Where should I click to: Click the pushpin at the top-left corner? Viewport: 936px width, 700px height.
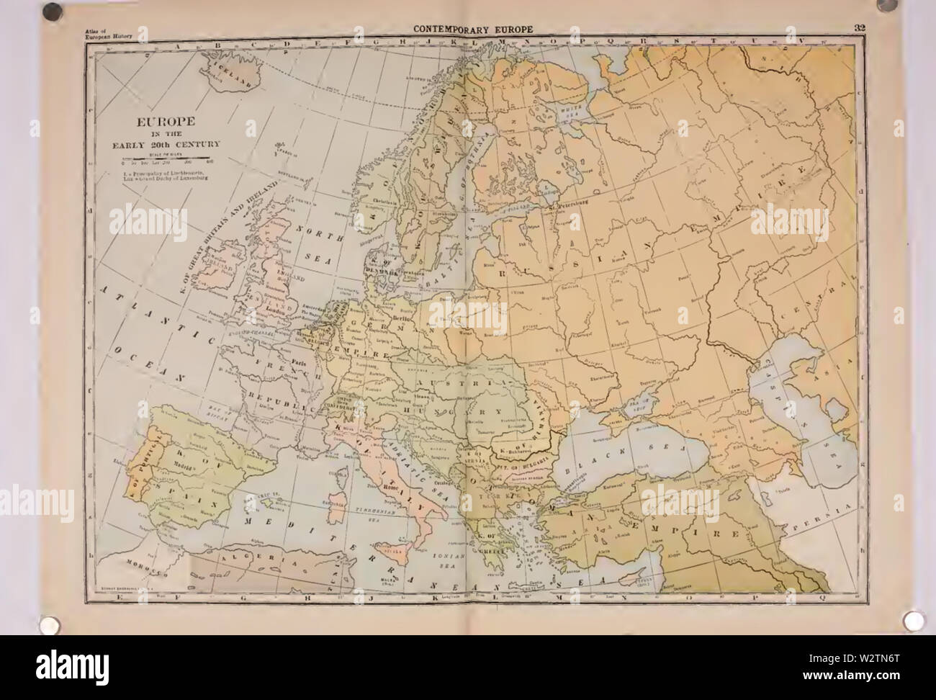point(51,11)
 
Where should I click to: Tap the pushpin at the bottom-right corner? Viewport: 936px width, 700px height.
point(912,619)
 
